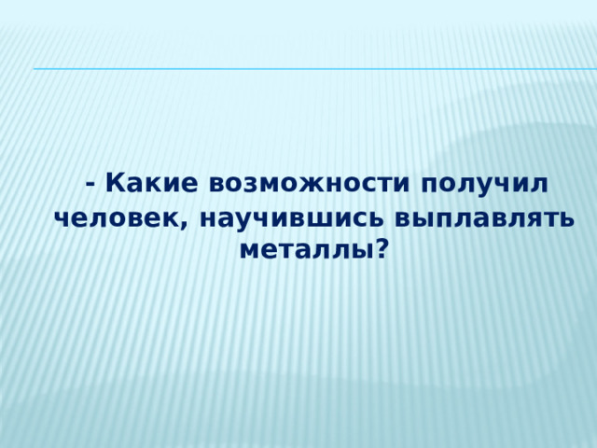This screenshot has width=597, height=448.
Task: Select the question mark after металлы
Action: click(x=382, y=249)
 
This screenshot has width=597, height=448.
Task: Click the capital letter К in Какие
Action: click(x=117, y=182)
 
